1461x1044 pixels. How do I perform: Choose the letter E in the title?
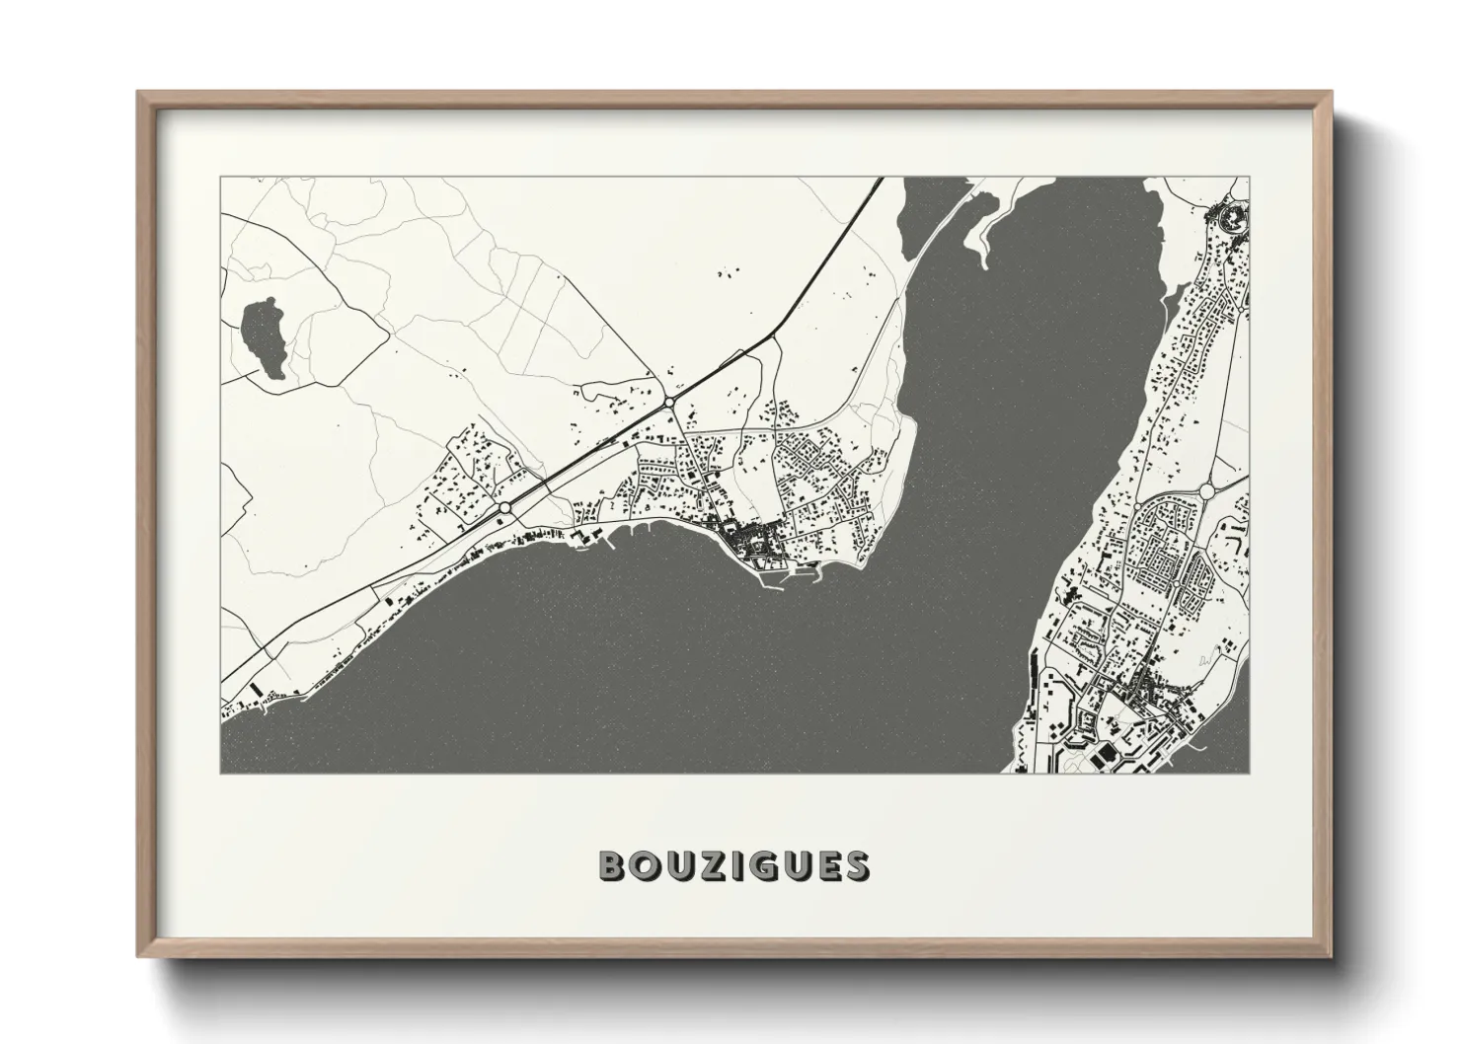click(834, 865)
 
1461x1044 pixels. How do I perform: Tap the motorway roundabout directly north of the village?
click(669, 403)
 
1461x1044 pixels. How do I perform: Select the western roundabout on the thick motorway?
click(505, 507)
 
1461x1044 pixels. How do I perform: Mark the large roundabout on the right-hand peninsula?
click(1206, 490)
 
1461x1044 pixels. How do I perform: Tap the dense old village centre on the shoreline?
click(745, 540)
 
